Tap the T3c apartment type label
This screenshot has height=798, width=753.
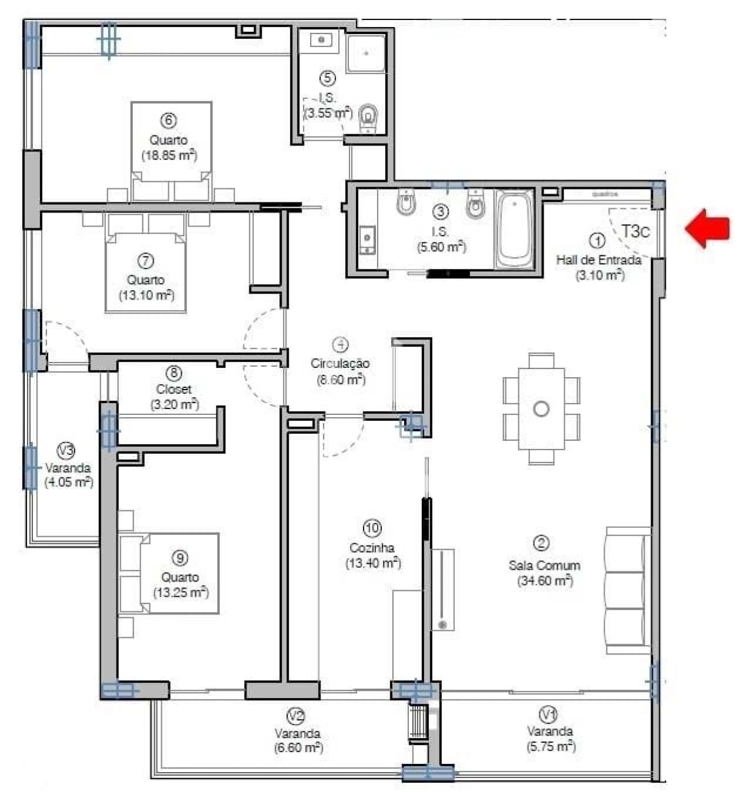636,231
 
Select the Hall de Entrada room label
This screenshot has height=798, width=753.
598,260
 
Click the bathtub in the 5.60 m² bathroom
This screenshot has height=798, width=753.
515,229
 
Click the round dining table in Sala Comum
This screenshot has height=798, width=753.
541,408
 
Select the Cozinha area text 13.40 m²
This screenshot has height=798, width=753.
373,563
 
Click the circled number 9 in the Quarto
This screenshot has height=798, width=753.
180,557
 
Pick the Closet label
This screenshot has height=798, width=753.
174,389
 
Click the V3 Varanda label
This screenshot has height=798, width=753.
68,468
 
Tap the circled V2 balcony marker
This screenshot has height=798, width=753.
295,716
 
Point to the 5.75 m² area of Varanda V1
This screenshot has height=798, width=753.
551,746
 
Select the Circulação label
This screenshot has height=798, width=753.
340,363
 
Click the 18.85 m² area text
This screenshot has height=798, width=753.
169,155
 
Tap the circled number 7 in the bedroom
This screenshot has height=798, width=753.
145,260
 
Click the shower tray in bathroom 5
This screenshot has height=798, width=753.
366,53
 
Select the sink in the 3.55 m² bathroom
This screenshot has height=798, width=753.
321,40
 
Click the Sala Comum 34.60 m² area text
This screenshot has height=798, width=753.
545,581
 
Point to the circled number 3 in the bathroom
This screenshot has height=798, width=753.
440,211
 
